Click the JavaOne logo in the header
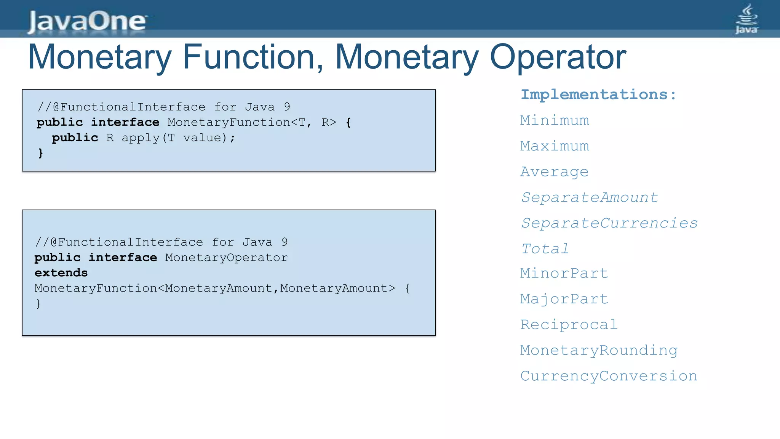[87, 21]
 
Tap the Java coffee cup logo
[746, 19]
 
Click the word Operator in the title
[558, 57]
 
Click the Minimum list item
[555, 120]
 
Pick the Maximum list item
[555, 146]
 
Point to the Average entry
[555, 172]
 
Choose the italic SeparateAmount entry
[589, 197]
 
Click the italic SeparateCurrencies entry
[609, 223]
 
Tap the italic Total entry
[545, 249]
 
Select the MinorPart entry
[564, 273]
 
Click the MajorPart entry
[564, 299]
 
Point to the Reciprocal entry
[569, 325]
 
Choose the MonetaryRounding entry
[599, 350]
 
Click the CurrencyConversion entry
[609, 376]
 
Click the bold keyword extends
[61, 273]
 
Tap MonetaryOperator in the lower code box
[226, 258]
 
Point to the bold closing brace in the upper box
[41, 153]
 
